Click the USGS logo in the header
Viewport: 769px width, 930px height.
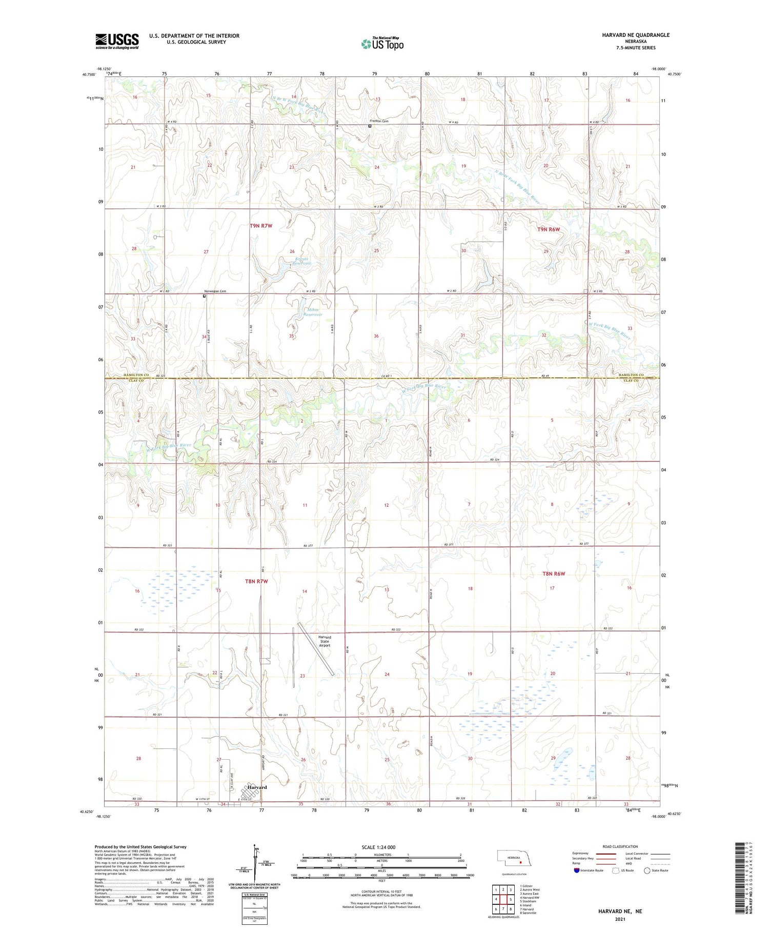(x=117, y=41)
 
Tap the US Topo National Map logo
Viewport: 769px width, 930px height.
(x=382, y=44)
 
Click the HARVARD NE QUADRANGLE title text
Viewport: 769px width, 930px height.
(x=636, y=35)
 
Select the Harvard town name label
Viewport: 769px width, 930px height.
(x=257, y=787)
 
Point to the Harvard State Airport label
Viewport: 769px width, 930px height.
(x=325, y=641)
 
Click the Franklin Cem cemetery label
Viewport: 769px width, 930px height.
(x=379, y=121)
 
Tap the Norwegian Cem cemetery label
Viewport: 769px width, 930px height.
(x=215, y=291)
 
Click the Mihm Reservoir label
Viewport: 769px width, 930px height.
(x=312, y=312)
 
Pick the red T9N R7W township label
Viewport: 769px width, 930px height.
(x=261, y=226)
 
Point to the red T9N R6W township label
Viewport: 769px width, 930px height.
(x=549, y=229)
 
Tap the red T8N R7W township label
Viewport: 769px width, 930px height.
(x=256, y=581)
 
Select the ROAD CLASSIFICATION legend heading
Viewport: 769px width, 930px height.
(x=620, y=846)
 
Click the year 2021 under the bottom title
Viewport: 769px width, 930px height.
(x=621, y=918)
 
